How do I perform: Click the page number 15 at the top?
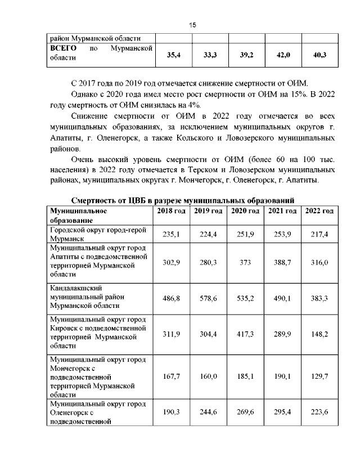[192, 25]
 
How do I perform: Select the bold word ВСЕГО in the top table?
[64, 49]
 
